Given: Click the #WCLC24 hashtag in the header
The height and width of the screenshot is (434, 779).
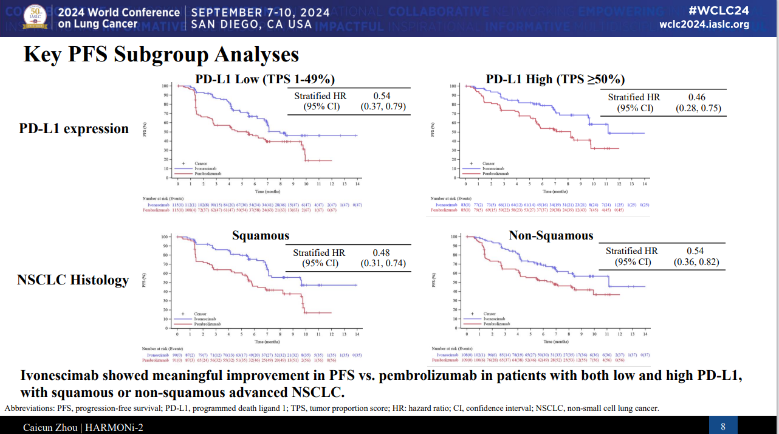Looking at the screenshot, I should click(x=719, y=10).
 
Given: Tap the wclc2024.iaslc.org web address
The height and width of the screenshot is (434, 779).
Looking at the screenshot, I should click(x=704, y=25).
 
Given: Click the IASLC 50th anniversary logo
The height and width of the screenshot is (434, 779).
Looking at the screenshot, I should click(x=34, y=18).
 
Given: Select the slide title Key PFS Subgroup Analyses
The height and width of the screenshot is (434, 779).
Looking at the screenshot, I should click(x=161, y=55).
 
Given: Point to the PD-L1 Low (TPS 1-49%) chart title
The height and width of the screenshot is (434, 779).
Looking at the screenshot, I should click(x=265, y=79).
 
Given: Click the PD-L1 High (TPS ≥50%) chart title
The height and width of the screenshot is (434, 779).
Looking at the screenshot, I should click(x=555, y=79).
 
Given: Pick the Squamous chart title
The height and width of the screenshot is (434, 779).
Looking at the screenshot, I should click(x=260, y=236).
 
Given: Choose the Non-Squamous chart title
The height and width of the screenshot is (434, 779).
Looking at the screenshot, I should click(x=551, y=236).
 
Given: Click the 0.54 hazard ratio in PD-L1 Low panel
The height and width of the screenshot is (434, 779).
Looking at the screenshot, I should click(x=382, y=96).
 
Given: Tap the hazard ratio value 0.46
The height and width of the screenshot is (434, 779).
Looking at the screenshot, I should click(x=698, y=97).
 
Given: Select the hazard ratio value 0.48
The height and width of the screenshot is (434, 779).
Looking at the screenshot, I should click(x=382, y=253).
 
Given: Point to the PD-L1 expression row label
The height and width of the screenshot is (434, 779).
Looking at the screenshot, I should click(x=74, y=128).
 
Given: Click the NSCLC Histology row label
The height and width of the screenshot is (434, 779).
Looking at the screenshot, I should click(x=73, y=280).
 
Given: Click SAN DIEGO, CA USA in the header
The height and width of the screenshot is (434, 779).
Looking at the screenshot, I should click(x=251, y=25).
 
